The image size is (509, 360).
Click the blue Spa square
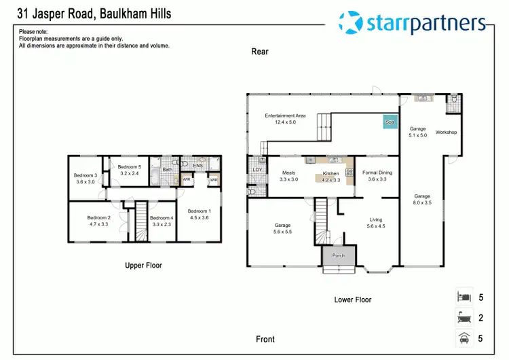click(x=390, y=122)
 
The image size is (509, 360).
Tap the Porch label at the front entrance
click(x=338, y=256)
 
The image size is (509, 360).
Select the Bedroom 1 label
click(x=199, y=211)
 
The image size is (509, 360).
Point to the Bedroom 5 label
click(x=130, y=167)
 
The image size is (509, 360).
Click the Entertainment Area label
click(x=285, y=115)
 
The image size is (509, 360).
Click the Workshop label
click(x=446, y=132)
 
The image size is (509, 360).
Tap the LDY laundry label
click(x=257, y=170)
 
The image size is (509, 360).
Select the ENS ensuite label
click(x=198, y=165)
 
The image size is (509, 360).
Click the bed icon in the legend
click(x=464, y=298)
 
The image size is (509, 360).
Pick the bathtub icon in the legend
click(x=464, y=317)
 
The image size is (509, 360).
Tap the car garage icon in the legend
click(x=464, y=337)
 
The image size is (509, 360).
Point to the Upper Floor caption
click(x=143, y=266)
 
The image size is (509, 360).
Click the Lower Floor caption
click(x=353, y=300)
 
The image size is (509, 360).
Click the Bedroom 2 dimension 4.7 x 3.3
click(x=99, y=224)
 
